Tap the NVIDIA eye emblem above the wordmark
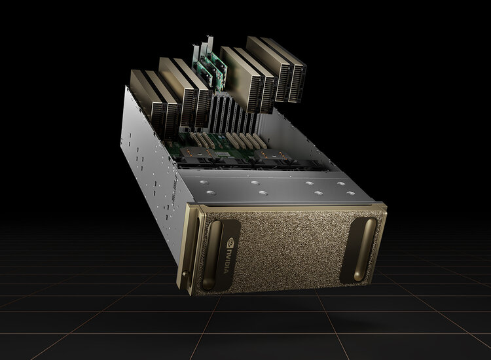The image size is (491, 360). pos(230,242)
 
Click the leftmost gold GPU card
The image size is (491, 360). pos(147,100)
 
